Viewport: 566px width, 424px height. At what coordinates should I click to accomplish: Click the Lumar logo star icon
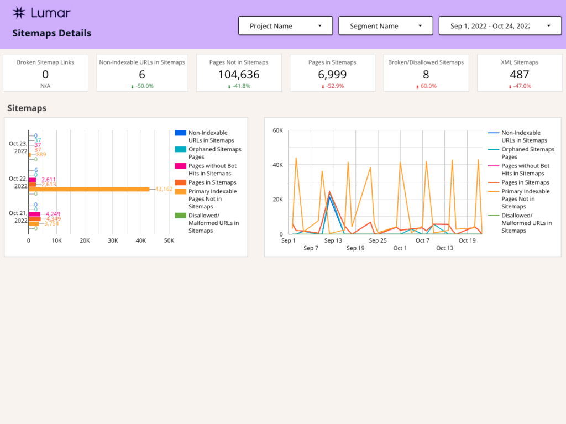coord(19,13)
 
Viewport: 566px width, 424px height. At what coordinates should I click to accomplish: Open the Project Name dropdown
coord(285,26)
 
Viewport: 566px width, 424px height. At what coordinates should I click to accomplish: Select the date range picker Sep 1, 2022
coord(497,26)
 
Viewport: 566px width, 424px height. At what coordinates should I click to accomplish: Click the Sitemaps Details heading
coord(52,33)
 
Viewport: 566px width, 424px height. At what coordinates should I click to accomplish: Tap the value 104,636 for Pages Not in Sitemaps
coord(238,75)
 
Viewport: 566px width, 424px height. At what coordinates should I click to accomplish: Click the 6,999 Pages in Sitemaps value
coord(332,75)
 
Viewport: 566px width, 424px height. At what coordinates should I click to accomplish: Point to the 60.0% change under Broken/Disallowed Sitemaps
coord(428,86)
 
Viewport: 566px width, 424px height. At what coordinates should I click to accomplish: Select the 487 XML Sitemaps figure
coord(520,75)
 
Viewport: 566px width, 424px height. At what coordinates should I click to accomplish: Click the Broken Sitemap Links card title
coord(45,62)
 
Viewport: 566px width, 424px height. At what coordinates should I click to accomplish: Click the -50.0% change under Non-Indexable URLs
coord(144,86)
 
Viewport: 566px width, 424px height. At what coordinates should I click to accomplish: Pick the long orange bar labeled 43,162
coord(89,189)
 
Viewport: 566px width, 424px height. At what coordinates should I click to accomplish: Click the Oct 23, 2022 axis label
coord(18,147)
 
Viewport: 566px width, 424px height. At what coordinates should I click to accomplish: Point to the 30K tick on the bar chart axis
coord(113,240)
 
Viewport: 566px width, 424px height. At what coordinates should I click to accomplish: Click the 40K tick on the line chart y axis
coord(277,165)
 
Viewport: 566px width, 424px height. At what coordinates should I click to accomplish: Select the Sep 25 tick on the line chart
coord(378,240)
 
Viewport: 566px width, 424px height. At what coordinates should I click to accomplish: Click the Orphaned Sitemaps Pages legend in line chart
coord(528,153)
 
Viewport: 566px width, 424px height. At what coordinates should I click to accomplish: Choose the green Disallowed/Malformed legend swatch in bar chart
coord(180,216)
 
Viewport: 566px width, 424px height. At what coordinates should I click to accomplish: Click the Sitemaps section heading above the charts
coord(27,108)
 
